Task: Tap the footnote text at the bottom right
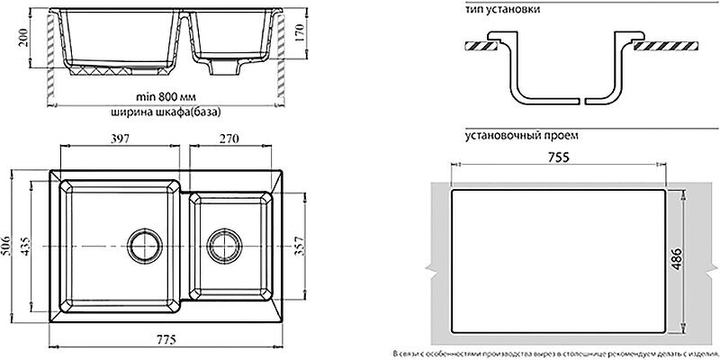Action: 555,352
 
